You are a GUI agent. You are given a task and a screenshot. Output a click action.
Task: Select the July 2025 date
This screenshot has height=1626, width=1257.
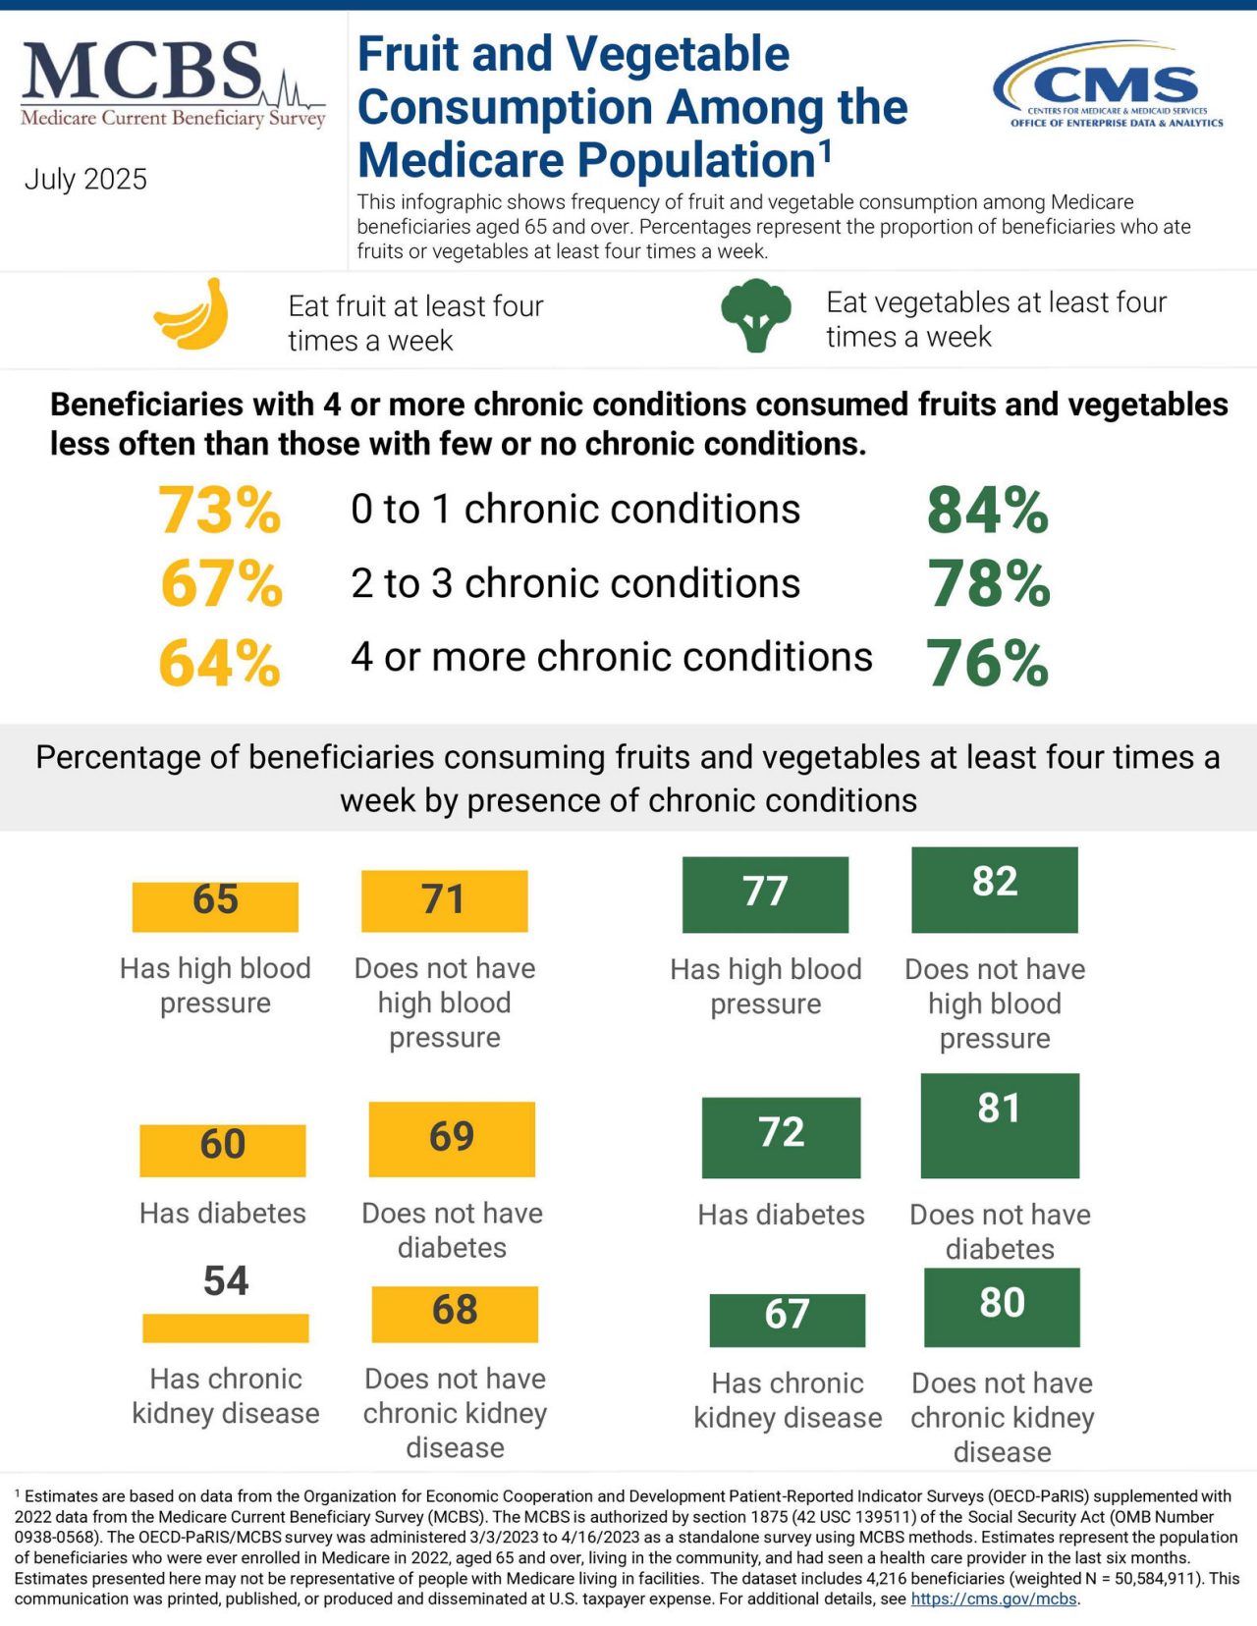(85, 179)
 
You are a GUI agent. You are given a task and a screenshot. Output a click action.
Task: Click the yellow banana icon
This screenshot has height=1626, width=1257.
(192, 315)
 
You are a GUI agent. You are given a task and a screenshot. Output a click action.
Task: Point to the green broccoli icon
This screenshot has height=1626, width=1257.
(755, 315)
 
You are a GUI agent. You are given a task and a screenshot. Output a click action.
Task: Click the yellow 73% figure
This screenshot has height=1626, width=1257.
(220, 511)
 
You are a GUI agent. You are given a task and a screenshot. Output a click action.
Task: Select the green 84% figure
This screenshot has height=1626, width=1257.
(988, 511)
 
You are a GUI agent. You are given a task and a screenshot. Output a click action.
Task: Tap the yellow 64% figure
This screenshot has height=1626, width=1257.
(220, 663)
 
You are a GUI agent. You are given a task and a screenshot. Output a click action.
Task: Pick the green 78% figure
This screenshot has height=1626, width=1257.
(989, 584)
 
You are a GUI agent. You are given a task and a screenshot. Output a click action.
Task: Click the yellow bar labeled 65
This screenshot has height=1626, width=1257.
(215, 905)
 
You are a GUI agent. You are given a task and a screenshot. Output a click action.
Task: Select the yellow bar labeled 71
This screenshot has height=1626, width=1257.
(444, 900)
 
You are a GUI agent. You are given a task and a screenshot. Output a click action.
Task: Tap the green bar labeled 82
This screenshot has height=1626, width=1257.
(995, 890)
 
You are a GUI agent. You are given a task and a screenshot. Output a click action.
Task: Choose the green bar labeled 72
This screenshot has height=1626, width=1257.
(781, 1137)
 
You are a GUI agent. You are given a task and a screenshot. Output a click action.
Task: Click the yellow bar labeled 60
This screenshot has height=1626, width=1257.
(223, 1150)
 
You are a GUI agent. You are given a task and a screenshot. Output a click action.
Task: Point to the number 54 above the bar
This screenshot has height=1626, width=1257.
(226, 1281)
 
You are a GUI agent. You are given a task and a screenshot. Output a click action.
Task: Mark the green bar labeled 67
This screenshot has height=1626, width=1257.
(788, 1320)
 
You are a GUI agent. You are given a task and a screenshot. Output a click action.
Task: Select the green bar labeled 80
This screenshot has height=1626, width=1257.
(1002, 1307)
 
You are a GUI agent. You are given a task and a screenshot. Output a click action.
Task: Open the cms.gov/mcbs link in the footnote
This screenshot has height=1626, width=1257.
(994, 1599)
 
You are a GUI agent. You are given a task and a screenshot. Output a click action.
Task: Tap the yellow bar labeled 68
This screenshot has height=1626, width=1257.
(455, 1314)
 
